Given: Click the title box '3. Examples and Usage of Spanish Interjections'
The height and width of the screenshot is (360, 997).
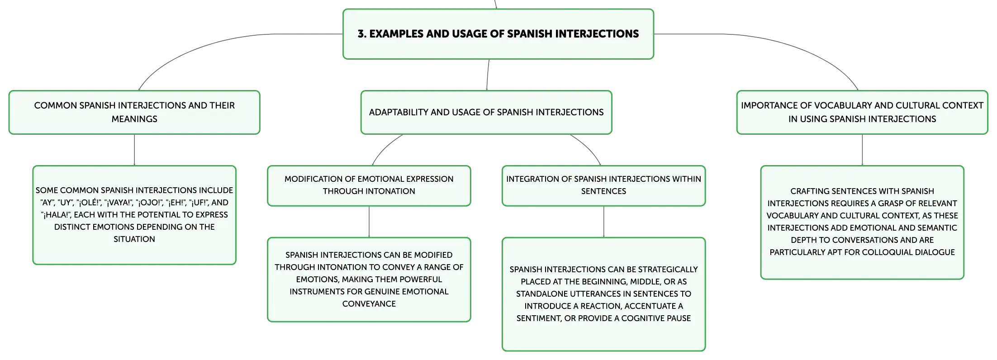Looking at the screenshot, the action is (x=498, y=34).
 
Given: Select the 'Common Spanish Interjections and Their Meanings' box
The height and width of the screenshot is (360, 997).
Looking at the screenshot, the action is (x=134, y=112).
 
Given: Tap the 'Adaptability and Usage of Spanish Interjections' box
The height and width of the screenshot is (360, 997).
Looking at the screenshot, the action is (x=486, y=112).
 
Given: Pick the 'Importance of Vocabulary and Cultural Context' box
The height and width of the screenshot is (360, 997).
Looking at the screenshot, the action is (x=862, y=112).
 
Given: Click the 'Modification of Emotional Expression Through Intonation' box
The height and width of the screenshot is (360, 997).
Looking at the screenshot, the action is (x=369, y=185).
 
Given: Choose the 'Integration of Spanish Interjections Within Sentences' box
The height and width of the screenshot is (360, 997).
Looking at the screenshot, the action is (x=603, y=185).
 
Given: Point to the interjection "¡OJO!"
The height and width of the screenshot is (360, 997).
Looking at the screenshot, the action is (x=149, y=203).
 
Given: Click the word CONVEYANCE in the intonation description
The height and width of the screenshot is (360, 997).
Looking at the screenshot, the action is (x=369, y=304).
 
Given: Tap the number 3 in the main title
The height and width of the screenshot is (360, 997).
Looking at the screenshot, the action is (x=361, y=34).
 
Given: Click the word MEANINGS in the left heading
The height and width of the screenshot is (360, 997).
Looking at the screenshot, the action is (x=134, y=119).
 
